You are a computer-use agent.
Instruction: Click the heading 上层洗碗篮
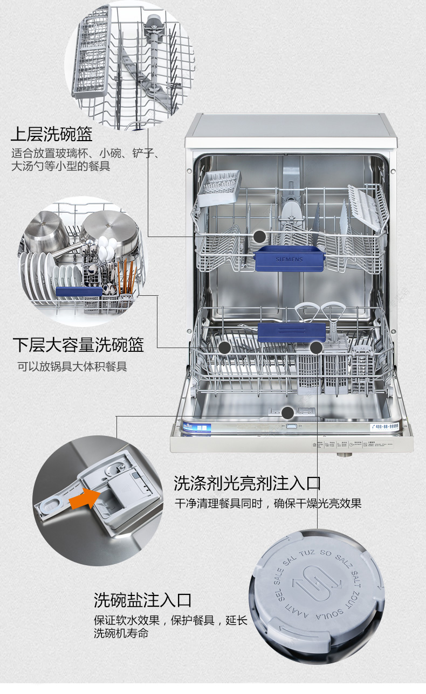pyautogui.click(x=52, y=134)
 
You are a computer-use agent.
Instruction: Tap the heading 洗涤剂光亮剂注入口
pyautogui.click(x=247, y=482)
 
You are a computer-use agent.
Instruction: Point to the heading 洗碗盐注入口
pyautogui.click(x=142, y=599)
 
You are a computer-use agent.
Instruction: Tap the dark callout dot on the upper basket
pyautogui.click(x=260, y=237)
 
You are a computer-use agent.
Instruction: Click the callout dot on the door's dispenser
pyautogui.click(x=288, y=413)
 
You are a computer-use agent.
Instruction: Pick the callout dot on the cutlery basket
pyautogui.click(x=316, y=348)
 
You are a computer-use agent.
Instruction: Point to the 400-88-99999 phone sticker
pyautogui.click(x=387, y=426)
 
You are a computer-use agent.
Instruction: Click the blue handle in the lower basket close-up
pyautogui.click(x=79, y=292)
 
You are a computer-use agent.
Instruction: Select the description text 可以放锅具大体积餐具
pyautogui.click(x=72, y=367)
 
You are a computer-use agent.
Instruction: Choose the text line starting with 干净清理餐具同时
pyautogui.click(x=267, y=504)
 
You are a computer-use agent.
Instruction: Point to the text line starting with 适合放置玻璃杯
pyautogui.click(x=85, y=153)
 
